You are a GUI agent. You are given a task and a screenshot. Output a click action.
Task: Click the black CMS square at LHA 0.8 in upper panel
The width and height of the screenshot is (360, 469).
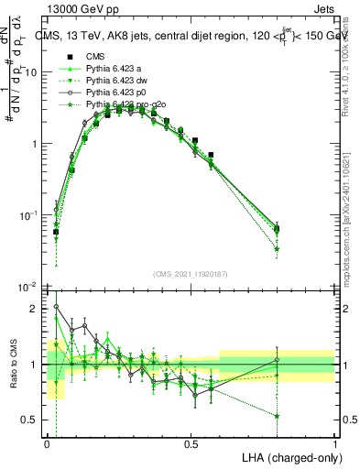pos(277,229)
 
